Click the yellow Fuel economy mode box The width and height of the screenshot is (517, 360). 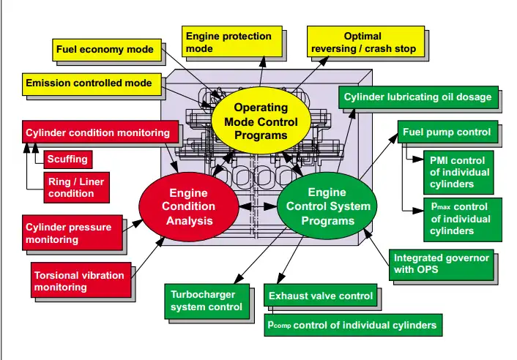pos(105,50)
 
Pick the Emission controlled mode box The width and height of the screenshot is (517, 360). pos(89,83)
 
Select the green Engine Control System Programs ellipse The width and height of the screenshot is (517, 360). pos(327,206)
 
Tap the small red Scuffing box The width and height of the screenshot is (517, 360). pos(67,159)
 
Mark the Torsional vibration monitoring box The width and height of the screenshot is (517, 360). pos(83,281)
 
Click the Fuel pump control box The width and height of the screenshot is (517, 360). pos(447,133)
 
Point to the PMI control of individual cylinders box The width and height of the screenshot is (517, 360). pos(459,170)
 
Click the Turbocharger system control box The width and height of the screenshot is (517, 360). pos(207,301)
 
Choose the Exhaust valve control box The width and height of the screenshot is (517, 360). pos(320,296)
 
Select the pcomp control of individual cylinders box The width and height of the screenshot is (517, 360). pos(352,324)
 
